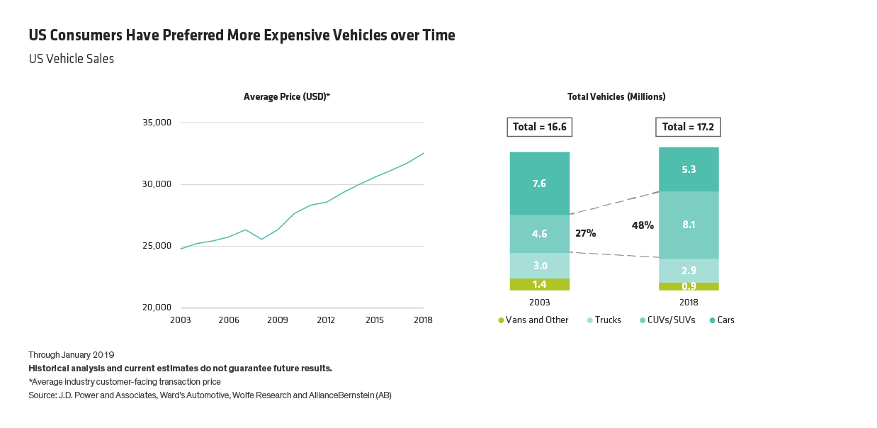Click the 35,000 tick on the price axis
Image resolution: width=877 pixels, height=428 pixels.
point(157,123)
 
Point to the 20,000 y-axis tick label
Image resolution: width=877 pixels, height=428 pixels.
point(157,308)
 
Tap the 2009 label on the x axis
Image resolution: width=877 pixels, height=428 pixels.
point(277,320)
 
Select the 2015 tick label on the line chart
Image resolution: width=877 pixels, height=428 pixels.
point(375,320)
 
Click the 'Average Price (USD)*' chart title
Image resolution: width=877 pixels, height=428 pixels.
point(287,96)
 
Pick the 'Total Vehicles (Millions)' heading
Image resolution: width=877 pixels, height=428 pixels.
point(616,96)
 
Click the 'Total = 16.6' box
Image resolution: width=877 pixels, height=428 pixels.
point(540,128)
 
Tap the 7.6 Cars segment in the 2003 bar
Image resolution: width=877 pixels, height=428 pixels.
point(540,183)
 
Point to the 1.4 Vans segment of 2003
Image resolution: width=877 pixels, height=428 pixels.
point(540,284)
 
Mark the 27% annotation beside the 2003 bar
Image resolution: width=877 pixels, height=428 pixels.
point(584,232)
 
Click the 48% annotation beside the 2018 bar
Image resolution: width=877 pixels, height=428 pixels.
point(643,225)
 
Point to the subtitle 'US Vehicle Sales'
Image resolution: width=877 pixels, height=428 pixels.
point(72,60)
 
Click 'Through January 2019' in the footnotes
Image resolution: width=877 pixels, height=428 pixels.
point(72,354)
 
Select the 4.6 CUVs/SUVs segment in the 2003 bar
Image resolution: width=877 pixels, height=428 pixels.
point(540,233)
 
